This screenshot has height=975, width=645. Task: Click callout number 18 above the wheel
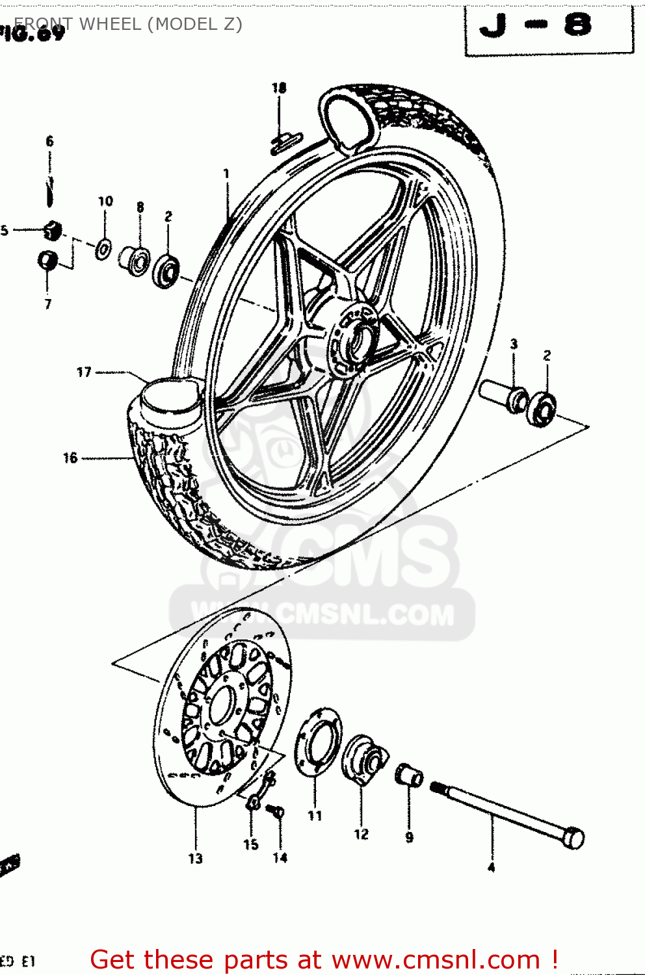click(279, 88)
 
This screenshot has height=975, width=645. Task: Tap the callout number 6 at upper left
click(49, 141)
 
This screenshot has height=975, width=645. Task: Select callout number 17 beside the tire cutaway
click(84, 372)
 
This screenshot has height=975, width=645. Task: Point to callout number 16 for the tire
click(70, 458)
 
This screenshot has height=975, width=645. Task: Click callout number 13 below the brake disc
click(195, 859)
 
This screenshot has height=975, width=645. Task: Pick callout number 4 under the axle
click(492, 867)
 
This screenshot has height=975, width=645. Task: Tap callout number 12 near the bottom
click(361, 834)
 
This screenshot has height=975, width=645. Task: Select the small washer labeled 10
click(103, 248)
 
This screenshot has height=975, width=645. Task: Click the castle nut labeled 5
click(52, 229)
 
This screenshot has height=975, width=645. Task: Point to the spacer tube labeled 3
click(505, 396)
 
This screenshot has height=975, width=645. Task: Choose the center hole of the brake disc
click(221, 705)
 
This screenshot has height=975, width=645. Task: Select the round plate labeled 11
click(318, 742)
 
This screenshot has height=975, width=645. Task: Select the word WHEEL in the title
click(109, 24)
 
